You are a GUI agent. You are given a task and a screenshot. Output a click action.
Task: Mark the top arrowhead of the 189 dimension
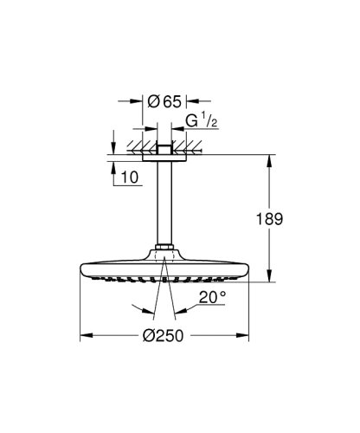[275, 159]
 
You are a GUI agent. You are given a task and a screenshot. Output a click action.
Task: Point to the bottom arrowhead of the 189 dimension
[275, 278]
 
